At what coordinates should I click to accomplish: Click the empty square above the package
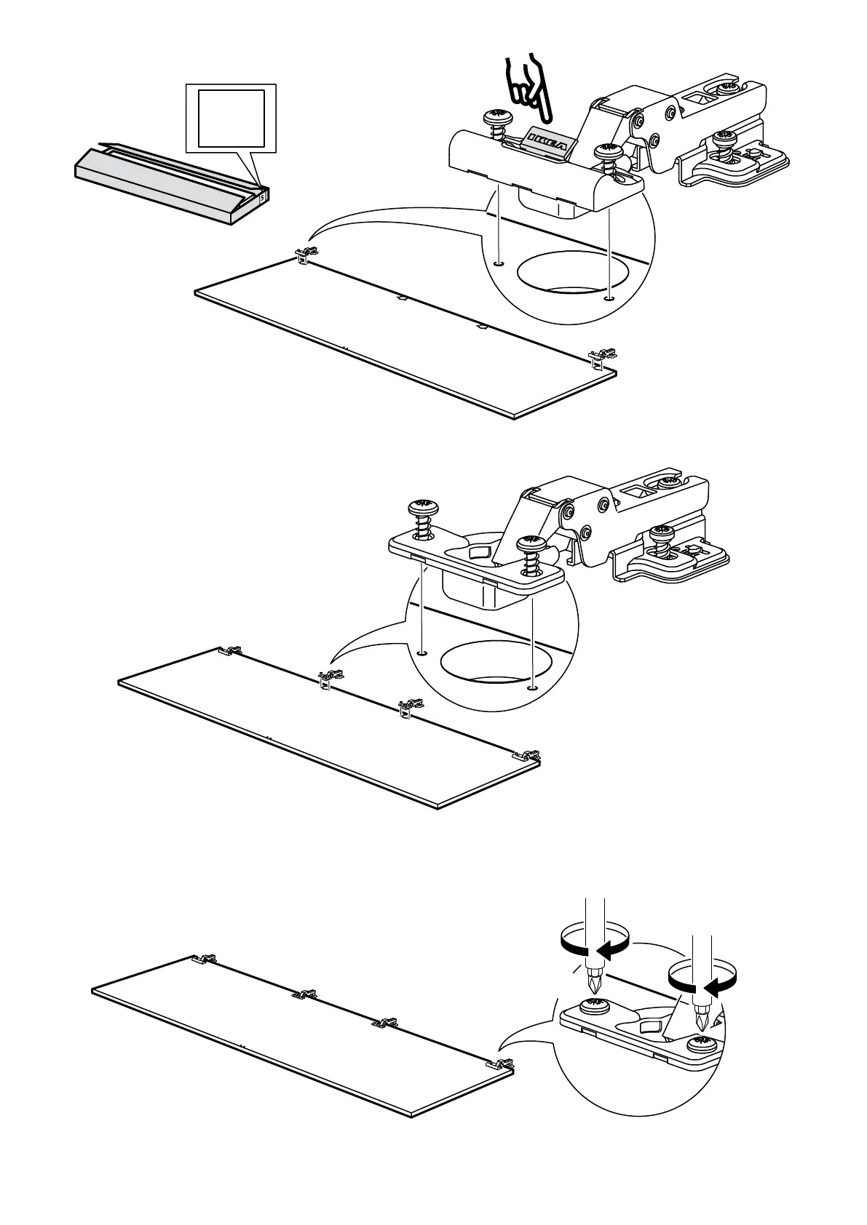click(x=231, y=118)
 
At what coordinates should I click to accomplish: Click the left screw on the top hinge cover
click(x=497, y=119)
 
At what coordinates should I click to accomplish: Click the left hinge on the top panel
click(x=306, y=255)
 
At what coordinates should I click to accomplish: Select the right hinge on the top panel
click(x=603, y=356)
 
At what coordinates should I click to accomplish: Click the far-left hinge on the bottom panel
click(x=204, y=959)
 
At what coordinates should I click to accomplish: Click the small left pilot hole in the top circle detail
click(x=498, y=263)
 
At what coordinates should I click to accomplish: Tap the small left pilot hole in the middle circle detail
click(x=421, y=652)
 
